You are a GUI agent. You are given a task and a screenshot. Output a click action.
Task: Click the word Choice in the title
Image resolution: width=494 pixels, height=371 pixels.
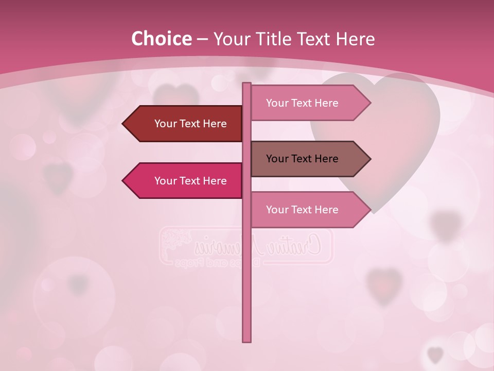click(x=161, y=39)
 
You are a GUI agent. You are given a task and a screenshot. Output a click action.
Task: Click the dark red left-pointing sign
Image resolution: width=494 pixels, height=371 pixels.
click(x=185, y=124)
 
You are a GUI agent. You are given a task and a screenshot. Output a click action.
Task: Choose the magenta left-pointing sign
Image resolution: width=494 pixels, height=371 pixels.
click(x=185, y=180)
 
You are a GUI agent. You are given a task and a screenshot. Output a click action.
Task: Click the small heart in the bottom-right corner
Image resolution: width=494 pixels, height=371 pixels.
click(x=435, y=355)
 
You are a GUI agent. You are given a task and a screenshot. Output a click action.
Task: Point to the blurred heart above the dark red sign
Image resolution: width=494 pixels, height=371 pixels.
click(x=176, y=96)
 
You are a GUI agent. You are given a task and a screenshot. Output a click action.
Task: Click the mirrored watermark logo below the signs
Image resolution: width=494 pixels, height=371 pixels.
click(x=246, y=246)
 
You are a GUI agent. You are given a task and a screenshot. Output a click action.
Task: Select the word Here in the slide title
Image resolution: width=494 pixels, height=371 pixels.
click(x=355, y=39)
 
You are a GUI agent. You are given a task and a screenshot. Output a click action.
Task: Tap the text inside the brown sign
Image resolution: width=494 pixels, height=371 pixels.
click(x=302, y=159)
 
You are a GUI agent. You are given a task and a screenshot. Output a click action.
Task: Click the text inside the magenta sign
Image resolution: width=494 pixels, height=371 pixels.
click(x=190, y=181)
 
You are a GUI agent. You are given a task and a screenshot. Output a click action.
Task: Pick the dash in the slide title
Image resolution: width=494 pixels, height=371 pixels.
click(x=202, y=39)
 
